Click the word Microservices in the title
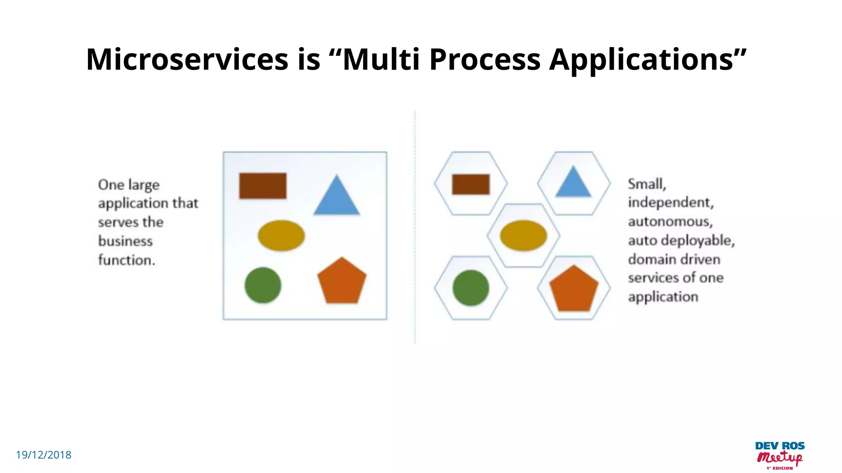(187, 60)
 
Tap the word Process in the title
(485, 60)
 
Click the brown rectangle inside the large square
(263, 186)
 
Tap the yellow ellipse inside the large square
(281, 235)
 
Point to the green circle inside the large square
(263, 285)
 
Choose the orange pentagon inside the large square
(342, 282)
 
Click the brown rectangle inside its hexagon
(471, 184)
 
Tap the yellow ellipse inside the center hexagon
(523, 235)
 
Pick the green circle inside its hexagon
(471, 288)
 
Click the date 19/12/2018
(44, 455)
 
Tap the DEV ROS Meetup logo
(780, 455)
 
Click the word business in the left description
(125, 241)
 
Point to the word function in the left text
(125, 260)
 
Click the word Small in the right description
(645, 184)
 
